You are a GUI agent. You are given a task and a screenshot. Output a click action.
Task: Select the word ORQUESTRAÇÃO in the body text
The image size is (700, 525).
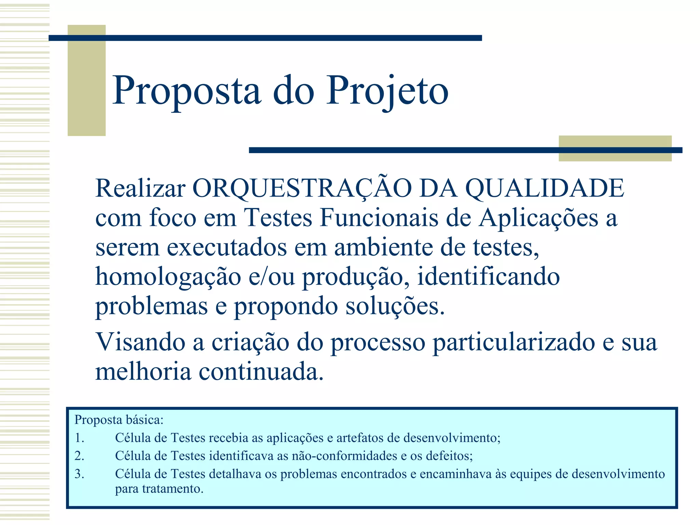(302, 188)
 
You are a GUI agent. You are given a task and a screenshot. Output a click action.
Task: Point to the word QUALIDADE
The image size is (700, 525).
(545, 188)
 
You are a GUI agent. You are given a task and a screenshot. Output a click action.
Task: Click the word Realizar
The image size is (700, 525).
(140, 188)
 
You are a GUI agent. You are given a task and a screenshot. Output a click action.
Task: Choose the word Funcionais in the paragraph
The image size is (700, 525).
(379, 218)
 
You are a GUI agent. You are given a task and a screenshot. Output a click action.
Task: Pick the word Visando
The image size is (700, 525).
(140, 342)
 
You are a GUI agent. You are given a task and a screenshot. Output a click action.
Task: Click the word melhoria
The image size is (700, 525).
(143, 372)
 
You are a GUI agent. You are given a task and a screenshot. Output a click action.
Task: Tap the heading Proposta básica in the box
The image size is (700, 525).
(119, 420)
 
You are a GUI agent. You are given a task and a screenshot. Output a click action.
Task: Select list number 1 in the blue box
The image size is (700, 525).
(79, 438)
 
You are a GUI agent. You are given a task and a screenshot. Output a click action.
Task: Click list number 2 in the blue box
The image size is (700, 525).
(79, 456)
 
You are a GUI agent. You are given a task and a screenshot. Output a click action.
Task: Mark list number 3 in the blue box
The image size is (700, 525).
(79, 474)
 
